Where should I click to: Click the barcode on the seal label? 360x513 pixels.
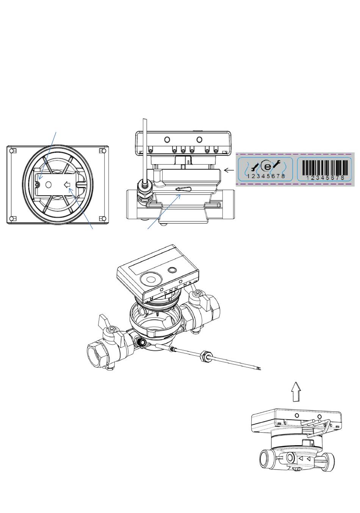[324, 167]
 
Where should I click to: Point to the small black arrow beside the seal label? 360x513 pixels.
[229, 170]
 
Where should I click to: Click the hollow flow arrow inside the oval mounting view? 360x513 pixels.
[67, 185]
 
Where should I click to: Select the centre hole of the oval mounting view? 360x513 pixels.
[49, 185]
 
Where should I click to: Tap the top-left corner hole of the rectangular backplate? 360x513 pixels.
[13, 151]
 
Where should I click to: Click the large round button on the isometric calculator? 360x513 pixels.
[150, 279]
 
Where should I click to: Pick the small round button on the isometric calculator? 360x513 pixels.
[172, 270]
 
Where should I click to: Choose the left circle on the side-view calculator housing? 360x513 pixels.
[167, 140]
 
